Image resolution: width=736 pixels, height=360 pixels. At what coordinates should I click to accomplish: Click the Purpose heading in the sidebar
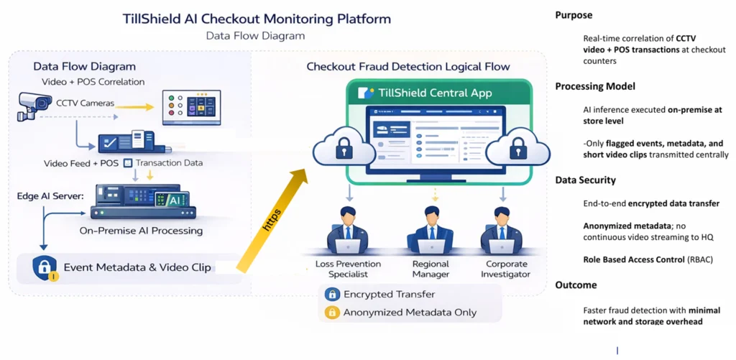coord(574,15)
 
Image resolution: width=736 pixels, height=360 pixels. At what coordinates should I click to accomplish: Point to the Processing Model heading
coord(595,86)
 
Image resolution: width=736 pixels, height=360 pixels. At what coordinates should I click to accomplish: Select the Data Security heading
coord(585,180)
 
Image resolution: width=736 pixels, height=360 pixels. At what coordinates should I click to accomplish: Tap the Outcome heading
coord(576,285)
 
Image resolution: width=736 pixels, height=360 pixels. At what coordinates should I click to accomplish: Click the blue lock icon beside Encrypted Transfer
coord(332,294)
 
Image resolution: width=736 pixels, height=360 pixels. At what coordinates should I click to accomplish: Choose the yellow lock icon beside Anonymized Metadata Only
coord(332,312)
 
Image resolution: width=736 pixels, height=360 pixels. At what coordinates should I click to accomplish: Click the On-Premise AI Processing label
coord(141,231)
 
